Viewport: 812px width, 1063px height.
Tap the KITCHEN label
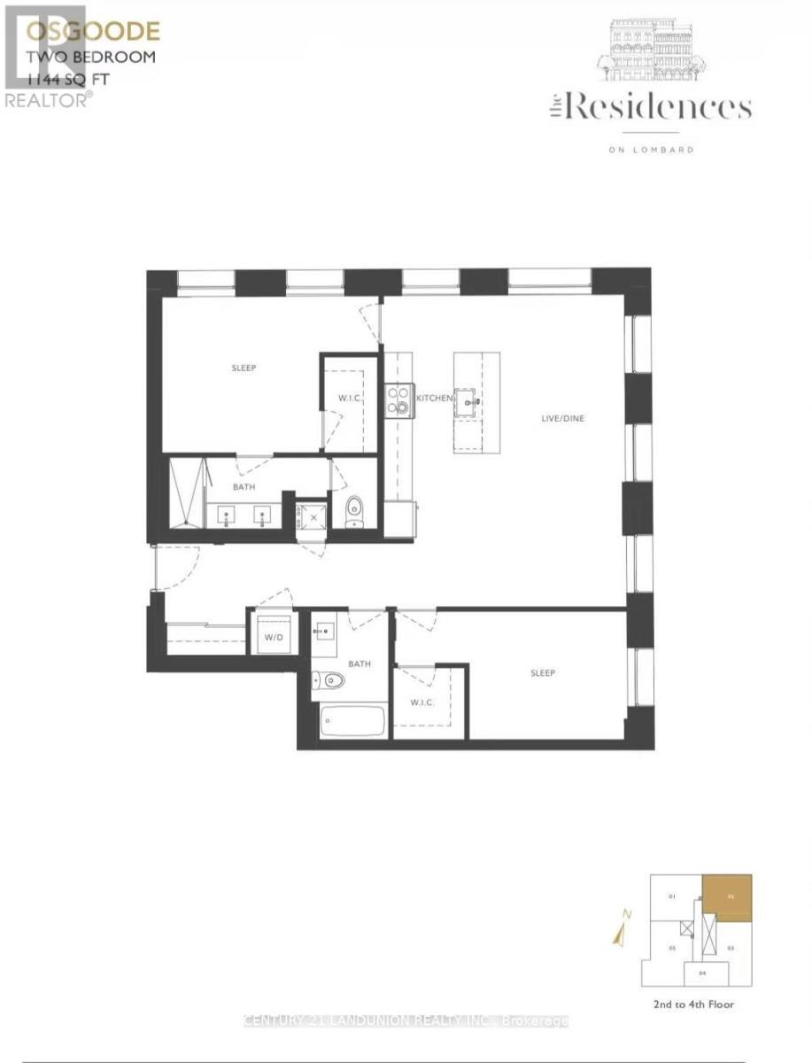point(435,400)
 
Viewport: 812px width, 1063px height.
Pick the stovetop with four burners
point(399,400)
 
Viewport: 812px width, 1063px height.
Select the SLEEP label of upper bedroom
point(244,368)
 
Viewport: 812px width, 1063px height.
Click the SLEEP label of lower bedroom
point(543,673)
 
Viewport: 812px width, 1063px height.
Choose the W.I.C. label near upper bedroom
point(346,397)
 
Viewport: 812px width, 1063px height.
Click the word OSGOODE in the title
point(93,33)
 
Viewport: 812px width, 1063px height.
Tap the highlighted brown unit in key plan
point(727,896)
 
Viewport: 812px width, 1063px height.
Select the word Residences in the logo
point(657,109)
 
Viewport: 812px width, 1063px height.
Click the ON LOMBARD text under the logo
point(651,150)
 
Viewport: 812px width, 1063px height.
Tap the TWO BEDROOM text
point(91,57)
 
